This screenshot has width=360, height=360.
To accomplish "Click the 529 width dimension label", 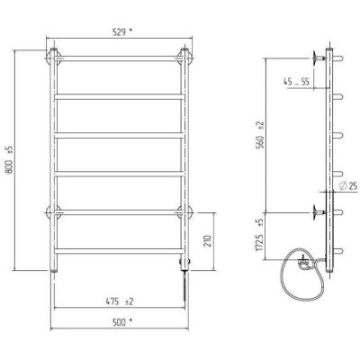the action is click(122, 32).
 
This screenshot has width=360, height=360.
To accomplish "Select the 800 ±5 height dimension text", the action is click(9, 159).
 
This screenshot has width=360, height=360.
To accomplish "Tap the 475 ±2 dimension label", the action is click(119, 301).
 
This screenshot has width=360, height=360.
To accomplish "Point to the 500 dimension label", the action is click(122, 322).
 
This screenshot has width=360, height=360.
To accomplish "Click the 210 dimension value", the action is click(209, 241).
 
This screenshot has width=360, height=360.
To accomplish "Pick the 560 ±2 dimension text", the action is click(260, 135).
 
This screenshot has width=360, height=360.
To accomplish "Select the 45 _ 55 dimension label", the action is click(296, 81).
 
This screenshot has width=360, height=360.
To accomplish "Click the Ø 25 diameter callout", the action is click(348, 186).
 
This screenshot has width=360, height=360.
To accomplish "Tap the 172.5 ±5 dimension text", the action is click(260, 235).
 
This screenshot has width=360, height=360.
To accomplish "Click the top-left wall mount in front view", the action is click(53, 57).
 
